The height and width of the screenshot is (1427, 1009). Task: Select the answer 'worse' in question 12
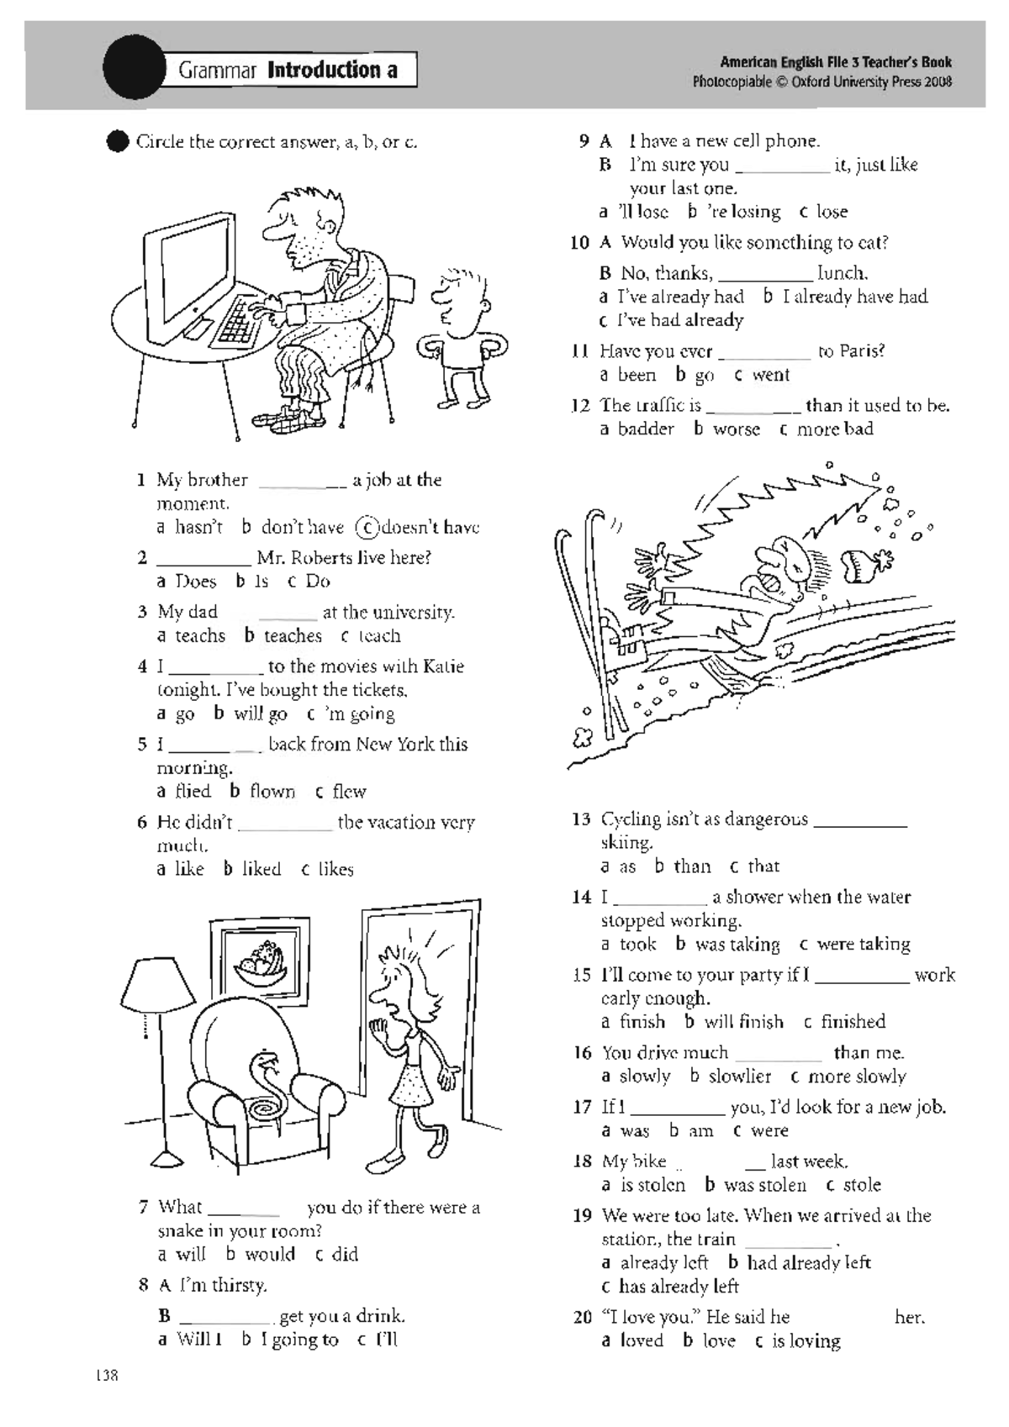point(737,429)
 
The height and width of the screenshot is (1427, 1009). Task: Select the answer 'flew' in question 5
point(349,792)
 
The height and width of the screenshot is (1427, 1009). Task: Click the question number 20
point(583,1317)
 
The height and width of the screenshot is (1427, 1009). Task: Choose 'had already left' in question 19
point(809,1263)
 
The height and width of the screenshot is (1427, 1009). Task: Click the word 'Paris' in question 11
point(851,351)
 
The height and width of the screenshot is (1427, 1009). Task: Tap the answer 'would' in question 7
point(270,1255)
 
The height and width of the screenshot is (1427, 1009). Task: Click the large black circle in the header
point(135,67)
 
